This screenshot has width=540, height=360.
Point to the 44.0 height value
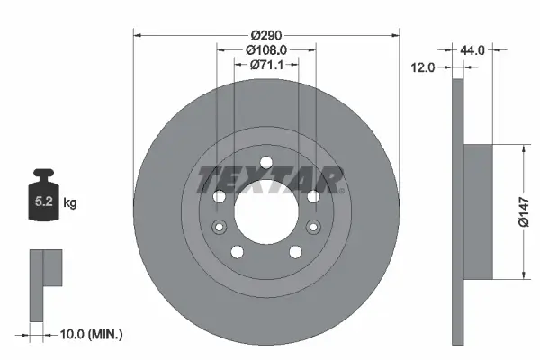click(x=472, y=51)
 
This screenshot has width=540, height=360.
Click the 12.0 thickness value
click(x=424, y=67)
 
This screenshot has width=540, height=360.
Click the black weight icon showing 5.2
click(x=44, y=193)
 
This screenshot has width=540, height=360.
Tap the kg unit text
click(x=70, y=203)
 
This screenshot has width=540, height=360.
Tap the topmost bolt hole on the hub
click(x=265, y=163)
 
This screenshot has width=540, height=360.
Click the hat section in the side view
click(x=479, y=211)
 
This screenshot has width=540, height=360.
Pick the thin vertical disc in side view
click(x=457, y=211)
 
